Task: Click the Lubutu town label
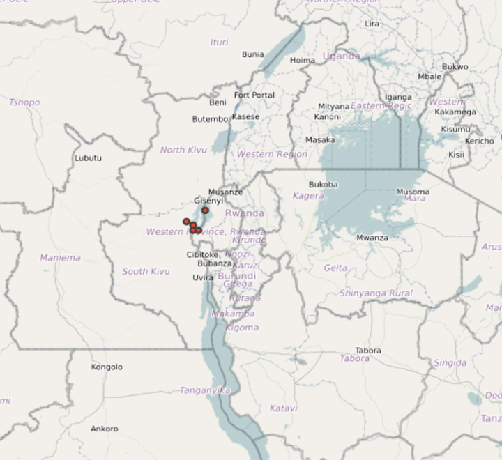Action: tap(88, 158)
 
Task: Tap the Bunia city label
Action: tap(252, 54)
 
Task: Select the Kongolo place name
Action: tap(107, 367)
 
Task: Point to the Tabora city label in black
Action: tap(368, 350)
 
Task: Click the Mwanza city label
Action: tap(372, 238)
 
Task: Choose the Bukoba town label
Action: tap(324, 185)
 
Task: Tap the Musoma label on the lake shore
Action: tap(413, 192)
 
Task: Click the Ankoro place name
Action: tap(105, 429)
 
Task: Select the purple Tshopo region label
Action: tap(24, 102)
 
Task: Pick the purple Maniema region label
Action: tap(60, 257)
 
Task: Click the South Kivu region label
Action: tap(146, 271)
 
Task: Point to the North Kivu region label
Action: tap(183, 150)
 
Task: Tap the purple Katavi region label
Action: tap(283, 408)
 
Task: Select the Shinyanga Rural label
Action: tap(376, 293)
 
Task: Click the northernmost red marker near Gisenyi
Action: tap(205, 210)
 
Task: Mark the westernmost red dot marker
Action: tap(186, 222)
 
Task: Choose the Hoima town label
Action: tap(303, 60)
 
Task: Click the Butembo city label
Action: tap(210, 119)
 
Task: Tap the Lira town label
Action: tap(372, 24)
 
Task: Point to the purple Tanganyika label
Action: tap(204, 390)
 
